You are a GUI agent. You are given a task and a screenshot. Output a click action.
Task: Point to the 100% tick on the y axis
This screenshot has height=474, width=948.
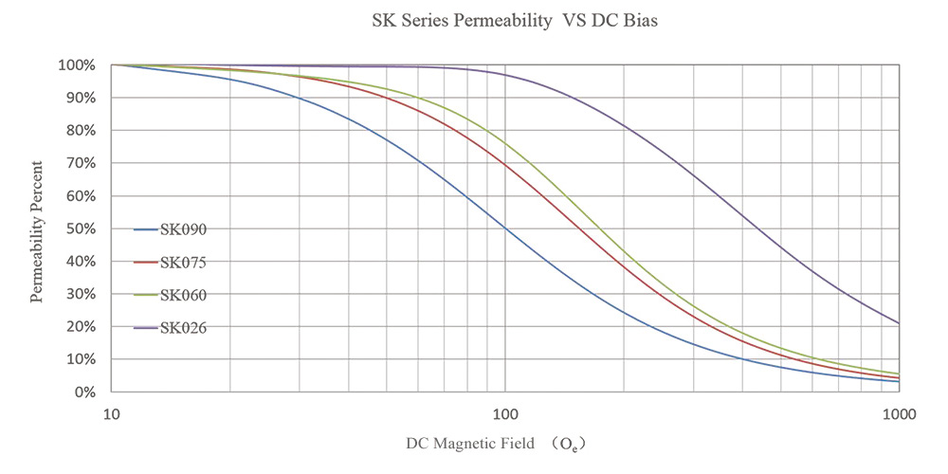77,65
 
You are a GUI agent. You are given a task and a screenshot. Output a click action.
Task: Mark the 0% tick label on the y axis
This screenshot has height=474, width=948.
84,392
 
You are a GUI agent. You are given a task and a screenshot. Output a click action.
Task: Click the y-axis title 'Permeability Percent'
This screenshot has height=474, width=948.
37,228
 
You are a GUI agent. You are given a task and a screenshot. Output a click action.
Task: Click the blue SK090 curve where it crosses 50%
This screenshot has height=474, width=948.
505,228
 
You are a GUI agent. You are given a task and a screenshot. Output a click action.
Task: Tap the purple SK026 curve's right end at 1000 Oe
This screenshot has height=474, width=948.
898,323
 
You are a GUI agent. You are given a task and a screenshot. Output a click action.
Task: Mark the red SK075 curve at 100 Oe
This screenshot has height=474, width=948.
505,164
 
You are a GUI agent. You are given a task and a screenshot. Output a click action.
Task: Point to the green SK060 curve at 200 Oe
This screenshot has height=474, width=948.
624,250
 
